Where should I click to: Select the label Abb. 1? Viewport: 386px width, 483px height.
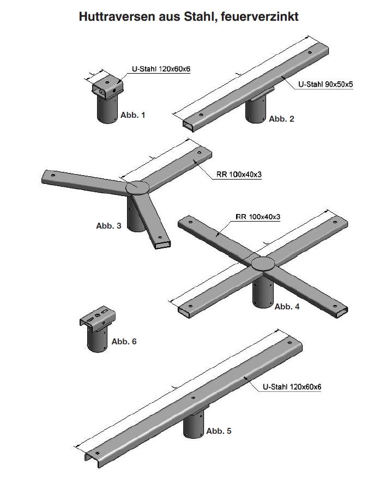(133, 115)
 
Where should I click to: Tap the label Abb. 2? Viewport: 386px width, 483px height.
(281, 118)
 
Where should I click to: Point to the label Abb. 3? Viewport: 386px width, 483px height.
(108, 225)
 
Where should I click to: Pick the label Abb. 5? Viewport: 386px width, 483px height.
(219, 431)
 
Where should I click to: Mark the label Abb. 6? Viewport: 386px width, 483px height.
(124, 341)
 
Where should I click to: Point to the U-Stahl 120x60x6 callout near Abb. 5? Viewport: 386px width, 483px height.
(292, 386)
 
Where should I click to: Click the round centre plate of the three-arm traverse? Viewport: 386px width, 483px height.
(137, 187)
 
